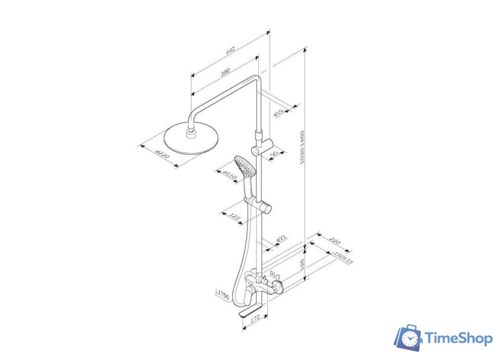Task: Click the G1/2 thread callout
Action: coord(275,274)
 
